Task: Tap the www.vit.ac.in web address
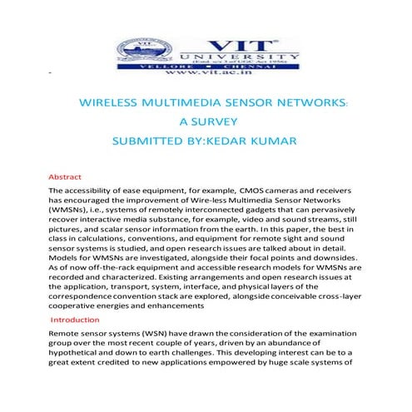tap(206, 73)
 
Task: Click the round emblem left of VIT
tap(137, 48)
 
